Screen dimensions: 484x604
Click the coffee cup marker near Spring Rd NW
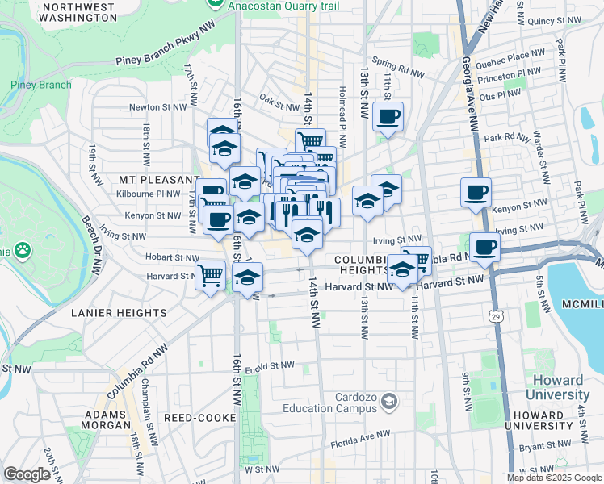click(x=388, y=115)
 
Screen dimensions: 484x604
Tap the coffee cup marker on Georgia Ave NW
click(x=476, y=193)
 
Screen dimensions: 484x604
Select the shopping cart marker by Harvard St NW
click(x=211, y=274)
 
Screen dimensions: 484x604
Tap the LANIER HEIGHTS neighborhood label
click(x=119, y=312)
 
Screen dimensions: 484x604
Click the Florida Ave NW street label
click(x=364, y=436)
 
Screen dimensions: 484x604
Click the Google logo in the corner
click(x=27, y=474)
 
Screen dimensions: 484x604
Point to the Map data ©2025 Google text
click(x=553, y=478)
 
